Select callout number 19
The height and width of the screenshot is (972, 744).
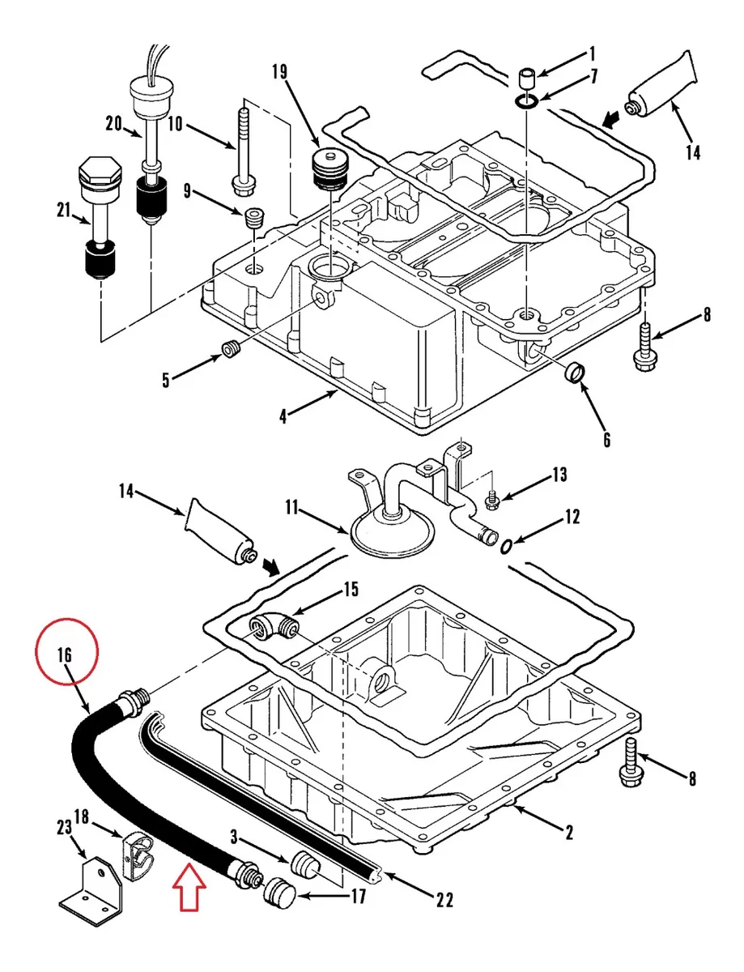click(280, 71)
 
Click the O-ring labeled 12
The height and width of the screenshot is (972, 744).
click(506, 547)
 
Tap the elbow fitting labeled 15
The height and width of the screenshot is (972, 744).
click(274, 626)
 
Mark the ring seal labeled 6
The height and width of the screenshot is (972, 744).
click(576, 372)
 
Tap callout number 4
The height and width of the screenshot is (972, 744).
click(283, 417)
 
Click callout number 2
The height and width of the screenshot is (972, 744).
click(569, 832)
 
